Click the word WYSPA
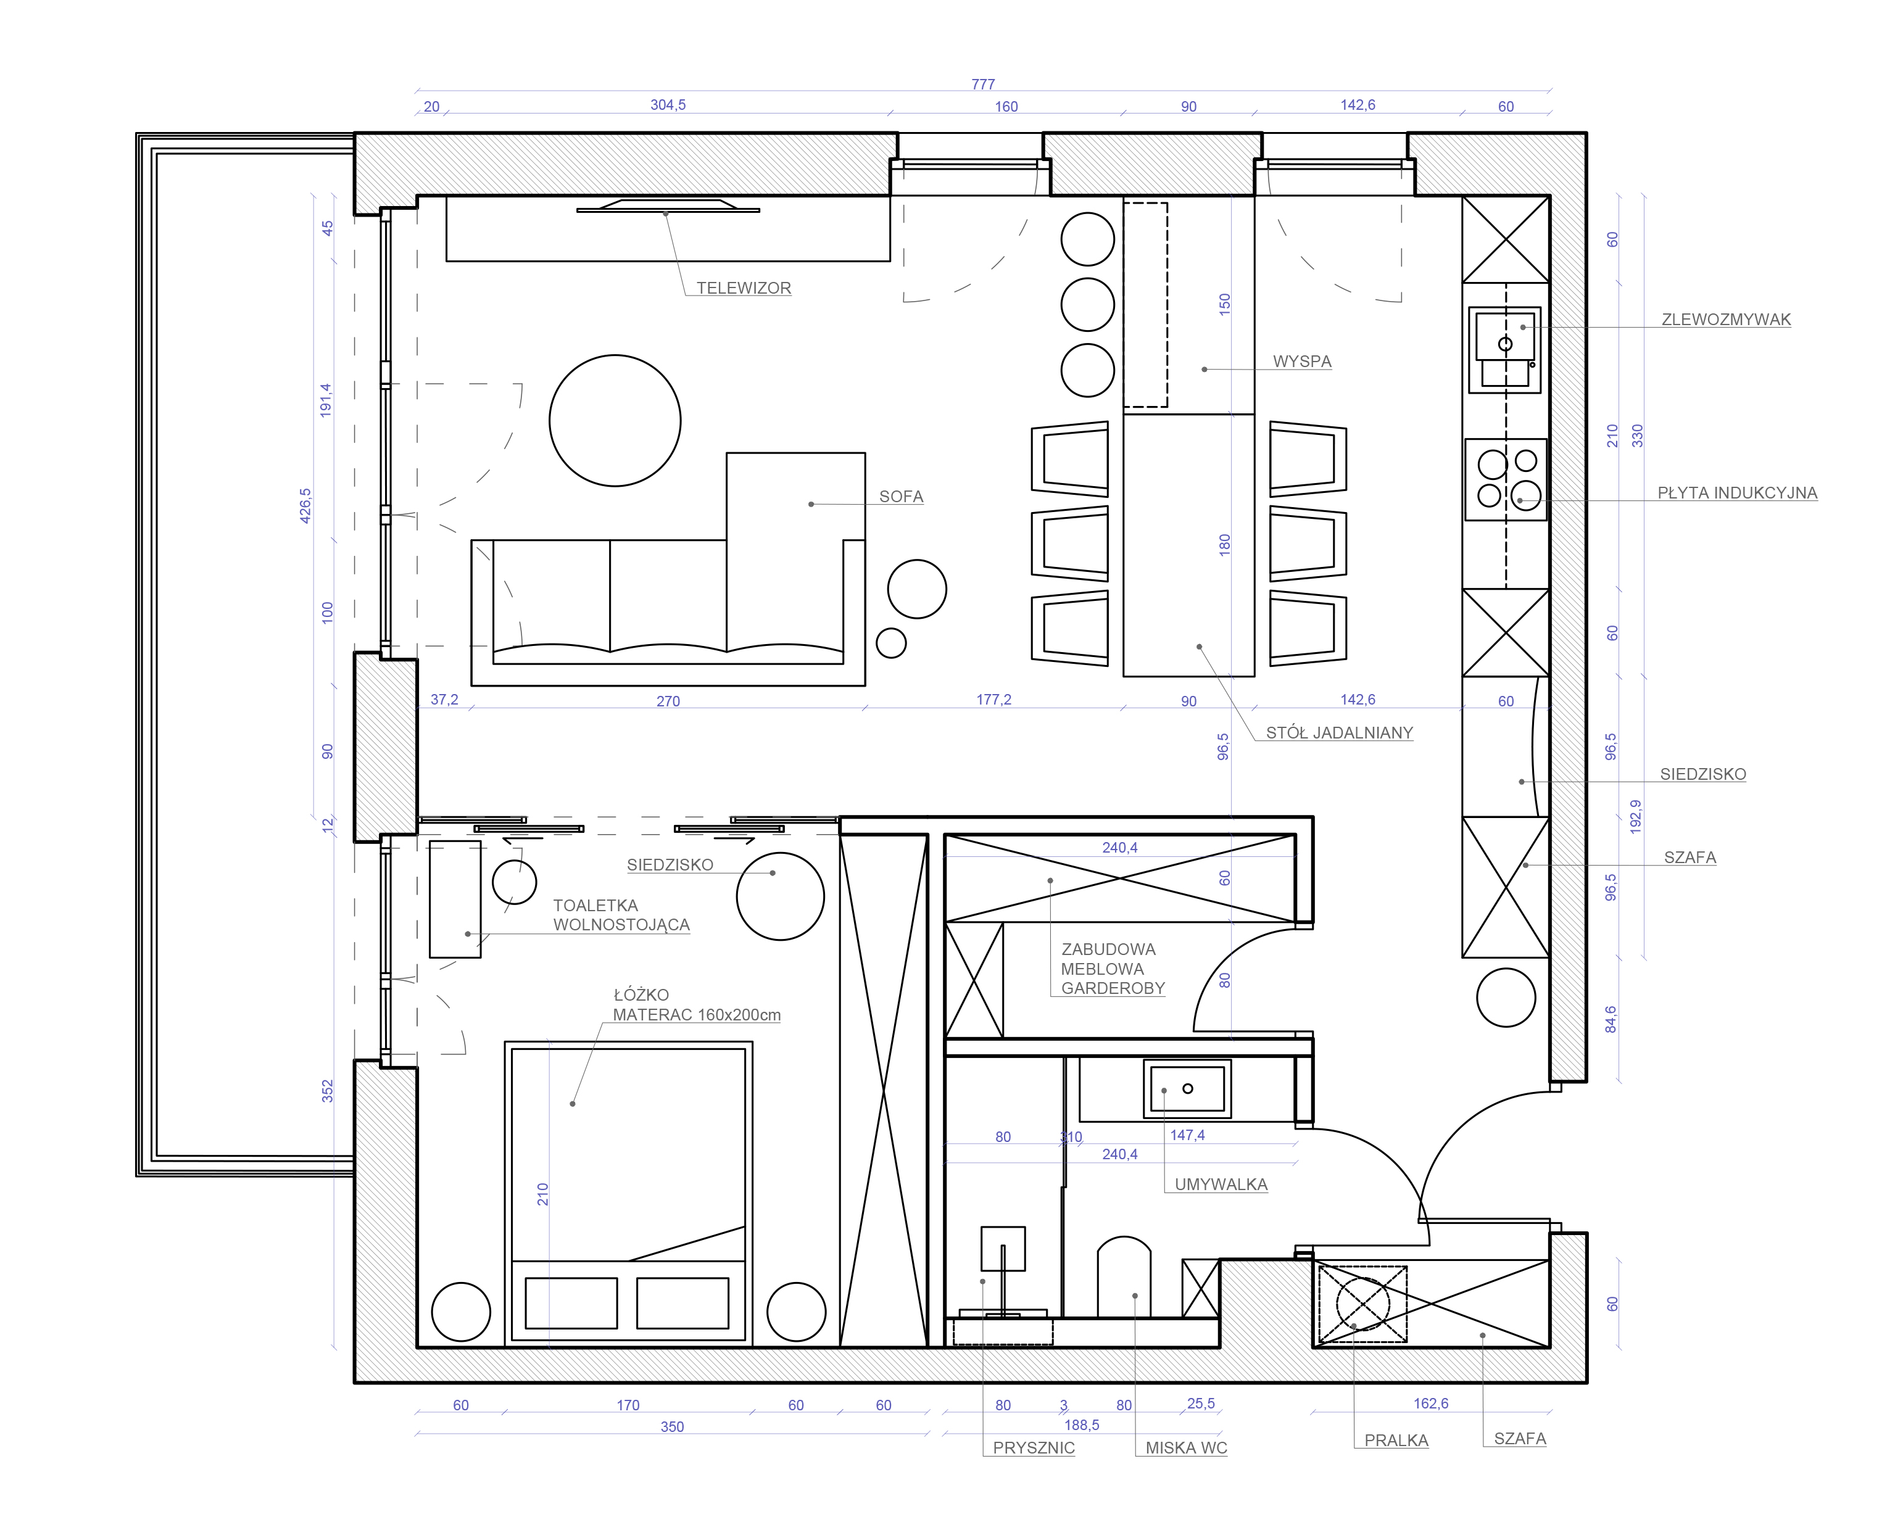[1302, 362]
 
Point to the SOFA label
[901, 497]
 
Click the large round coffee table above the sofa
[615, 420]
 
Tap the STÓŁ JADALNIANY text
[1339, 732]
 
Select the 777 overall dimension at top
[983, 85]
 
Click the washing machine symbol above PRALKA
[1362, 1304]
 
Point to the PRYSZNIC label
[1033, 1448]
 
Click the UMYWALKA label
[1221, 1185]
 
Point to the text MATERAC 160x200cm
[696, 1015]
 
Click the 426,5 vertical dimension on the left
[305, 506]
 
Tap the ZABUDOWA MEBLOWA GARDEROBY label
[1113, 969]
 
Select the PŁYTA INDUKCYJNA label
[1736, 494]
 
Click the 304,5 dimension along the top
[668, 105]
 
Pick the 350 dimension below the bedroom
[671, 1427]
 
